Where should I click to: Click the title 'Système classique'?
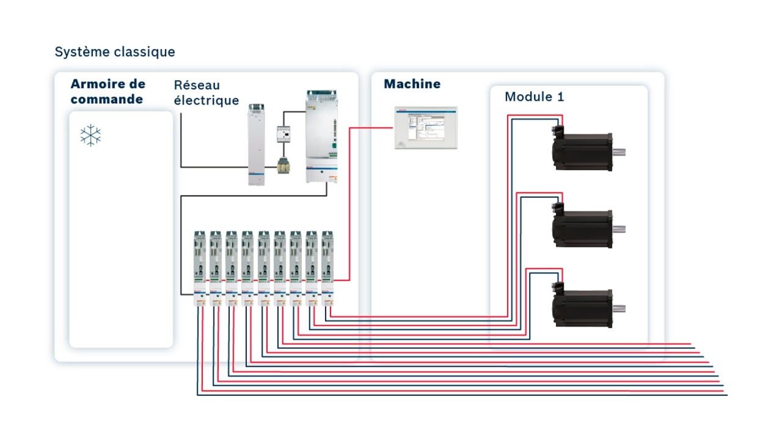(x=115, y=52)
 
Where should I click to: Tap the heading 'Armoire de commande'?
(x=108, y=91)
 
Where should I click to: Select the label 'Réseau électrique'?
(x=206, y=93)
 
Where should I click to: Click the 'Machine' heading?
(x=412, y=84)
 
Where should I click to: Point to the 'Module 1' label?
(x=534, y=97)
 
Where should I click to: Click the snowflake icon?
(x=90, y=136)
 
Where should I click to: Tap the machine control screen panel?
(x=426, y=128)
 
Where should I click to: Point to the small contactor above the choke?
(x=284, y=135)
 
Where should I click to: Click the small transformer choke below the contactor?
(x=284, y=166)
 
